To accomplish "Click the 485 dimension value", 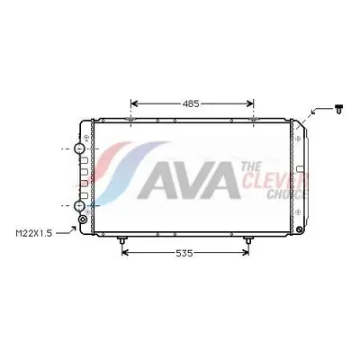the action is [191, 103].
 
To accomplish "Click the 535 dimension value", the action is [184, 254].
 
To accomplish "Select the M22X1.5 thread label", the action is [34, 233].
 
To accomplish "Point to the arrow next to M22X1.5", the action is [66, 230].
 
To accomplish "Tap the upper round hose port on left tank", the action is [79, 148].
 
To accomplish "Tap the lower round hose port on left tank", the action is [79, 205].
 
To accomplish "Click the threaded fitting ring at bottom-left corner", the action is [83, 220].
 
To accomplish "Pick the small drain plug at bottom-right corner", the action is [299, 229].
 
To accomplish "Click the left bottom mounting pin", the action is [121, 240].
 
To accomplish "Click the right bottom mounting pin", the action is [248, 240].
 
